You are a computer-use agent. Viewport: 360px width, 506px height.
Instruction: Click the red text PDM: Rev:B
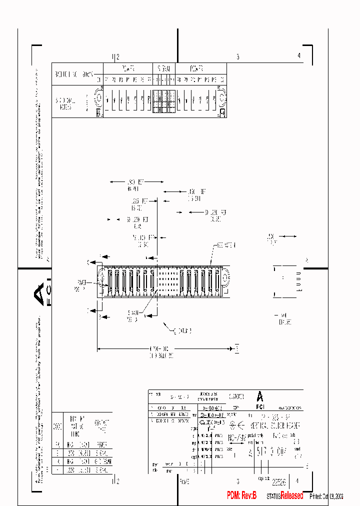point(241,495)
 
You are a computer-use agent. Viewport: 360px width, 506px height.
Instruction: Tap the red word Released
point(291,495)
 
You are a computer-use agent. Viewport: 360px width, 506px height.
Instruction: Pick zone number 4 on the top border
point(299,56)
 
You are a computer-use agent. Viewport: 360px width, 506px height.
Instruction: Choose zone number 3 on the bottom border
point(238,481)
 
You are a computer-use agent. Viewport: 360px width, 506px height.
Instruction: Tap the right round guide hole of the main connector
point(224,276)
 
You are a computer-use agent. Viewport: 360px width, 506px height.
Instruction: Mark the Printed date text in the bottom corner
point(326,496)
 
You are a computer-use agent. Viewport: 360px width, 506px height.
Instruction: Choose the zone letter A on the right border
point(306,260)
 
